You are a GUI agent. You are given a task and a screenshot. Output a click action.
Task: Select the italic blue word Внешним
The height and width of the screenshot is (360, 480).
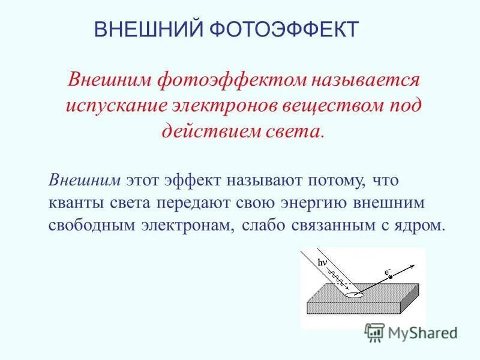tap(86, 180)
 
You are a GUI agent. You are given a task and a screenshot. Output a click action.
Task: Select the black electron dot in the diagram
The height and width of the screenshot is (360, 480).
tap(389, 277)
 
